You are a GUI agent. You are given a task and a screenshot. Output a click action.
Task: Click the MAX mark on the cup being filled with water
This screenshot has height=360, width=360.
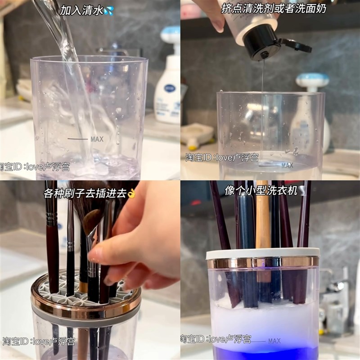click(96, 139)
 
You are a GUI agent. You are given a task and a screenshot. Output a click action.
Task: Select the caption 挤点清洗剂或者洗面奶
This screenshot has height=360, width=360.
click(271, 9)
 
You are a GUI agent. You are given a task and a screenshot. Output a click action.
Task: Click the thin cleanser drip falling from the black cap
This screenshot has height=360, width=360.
click(262, 81)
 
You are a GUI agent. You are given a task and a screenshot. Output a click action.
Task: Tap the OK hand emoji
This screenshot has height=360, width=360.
click(131, 193)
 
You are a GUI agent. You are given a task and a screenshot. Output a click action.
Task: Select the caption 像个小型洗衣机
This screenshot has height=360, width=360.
click(261, 191)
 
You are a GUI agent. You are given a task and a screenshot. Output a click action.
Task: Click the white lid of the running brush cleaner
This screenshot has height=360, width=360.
click(263, 253)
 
